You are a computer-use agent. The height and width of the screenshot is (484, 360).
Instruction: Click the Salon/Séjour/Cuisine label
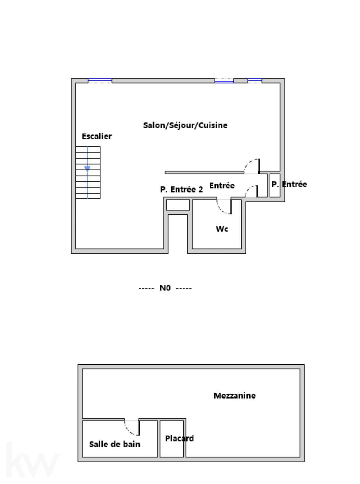[185, 125]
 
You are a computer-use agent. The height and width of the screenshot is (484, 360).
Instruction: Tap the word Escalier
[97, 136]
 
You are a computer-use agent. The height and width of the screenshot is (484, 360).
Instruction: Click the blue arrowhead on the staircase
[87, 168]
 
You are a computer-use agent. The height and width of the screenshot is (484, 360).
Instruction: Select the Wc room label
[222, 229]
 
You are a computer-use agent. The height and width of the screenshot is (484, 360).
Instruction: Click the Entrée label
[222, 186]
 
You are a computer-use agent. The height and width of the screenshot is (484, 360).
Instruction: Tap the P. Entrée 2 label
[182, 189]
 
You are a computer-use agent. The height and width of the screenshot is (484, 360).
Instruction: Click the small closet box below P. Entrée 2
[178, 205]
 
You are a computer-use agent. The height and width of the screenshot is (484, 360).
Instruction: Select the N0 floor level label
[165, 288]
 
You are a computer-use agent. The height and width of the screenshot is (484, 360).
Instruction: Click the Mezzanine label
[235, 396]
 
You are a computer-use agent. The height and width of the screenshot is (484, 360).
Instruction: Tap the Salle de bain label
[115, 444]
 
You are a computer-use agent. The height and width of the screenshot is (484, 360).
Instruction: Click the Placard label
[179, 438]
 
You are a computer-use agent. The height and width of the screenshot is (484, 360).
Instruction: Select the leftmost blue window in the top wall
[100, 81]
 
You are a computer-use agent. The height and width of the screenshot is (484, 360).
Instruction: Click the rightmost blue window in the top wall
[255, 81]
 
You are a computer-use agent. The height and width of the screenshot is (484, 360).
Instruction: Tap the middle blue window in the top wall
[224, 81]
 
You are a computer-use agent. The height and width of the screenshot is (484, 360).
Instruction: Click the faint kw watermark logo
[33, 459]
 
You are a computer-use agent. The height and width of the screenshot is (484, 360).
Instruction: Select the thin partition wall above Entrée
[204, 173]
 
